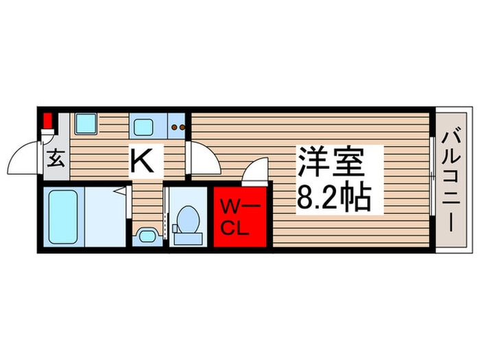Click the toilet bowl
[x=186, y=220]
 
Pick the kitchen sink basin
[x=145, y=126]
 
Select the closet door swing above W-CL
[x=255, y=170]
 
